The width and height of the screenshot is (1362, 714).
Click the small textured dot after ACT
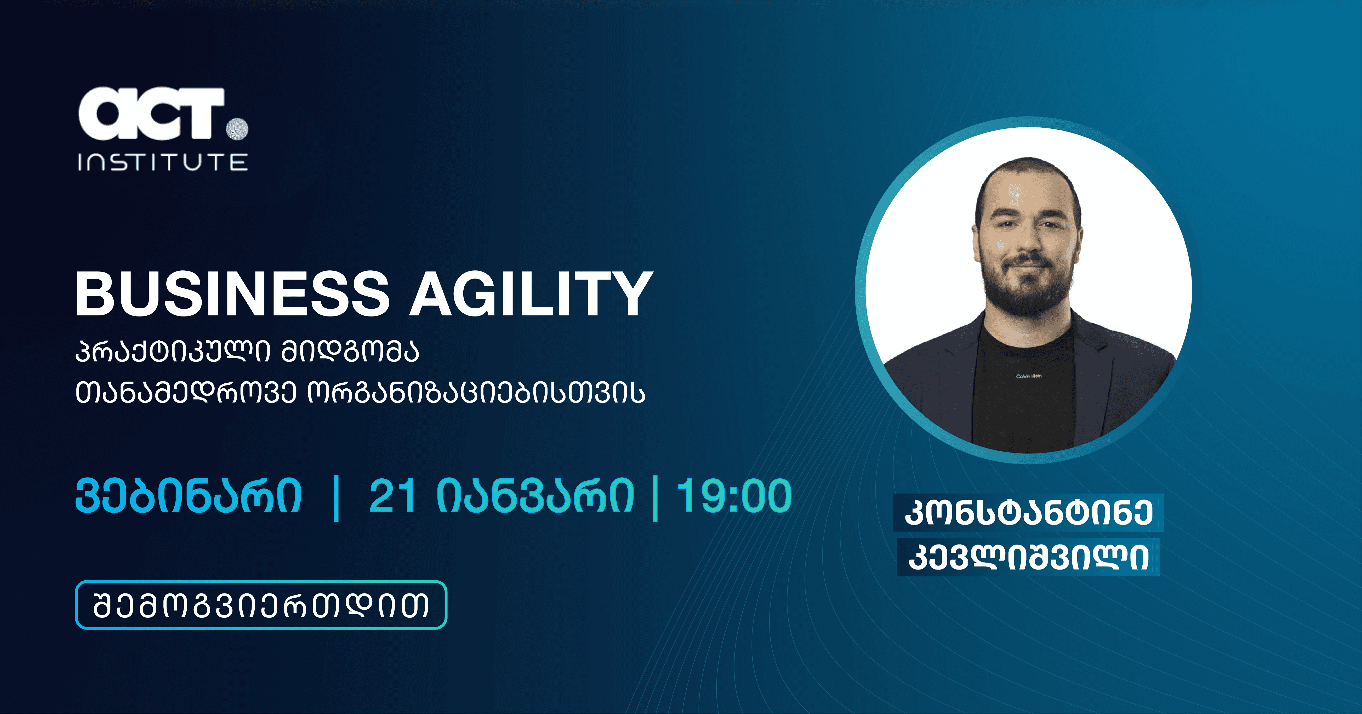click(237, 128)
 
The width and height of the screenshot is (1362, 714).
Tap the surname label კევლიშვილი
click(1028, 557)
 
